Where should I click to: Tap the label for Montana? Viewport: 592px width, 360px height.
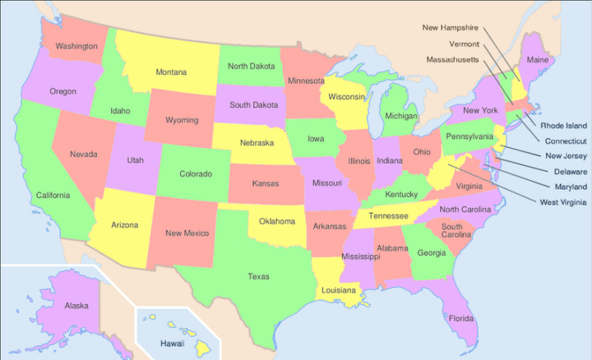coord(171,72)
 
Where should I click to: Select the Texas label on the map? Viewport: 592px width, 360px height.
coord(258,276)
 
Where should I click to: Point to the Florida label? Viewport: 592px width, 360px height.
coord(461,318)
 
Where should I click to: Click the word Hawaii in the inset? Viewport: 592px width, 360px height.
coord(172,343)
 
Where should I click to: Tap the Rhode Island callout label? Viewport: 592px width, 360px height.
coord(563,126)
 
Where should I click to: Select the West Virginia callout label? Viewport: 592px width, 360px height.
coord(563,202)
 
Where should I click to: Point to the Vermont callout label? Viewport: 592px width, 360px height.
coord(465,43)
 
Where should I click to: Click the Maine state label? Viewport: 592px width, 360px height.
coord(537,60)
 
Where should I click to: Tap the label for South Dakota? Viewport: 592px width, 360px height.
coord(252,105)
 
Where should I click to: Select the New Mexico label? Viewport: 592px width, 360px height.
coord(187,233)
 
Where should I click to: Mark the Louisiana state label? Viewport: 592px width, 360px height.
coord(339,290)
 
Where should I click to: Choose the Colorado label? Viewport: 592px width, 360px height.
coord(196,173)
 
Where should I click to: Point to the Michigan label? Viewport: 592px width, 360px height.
coord(401,117)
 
